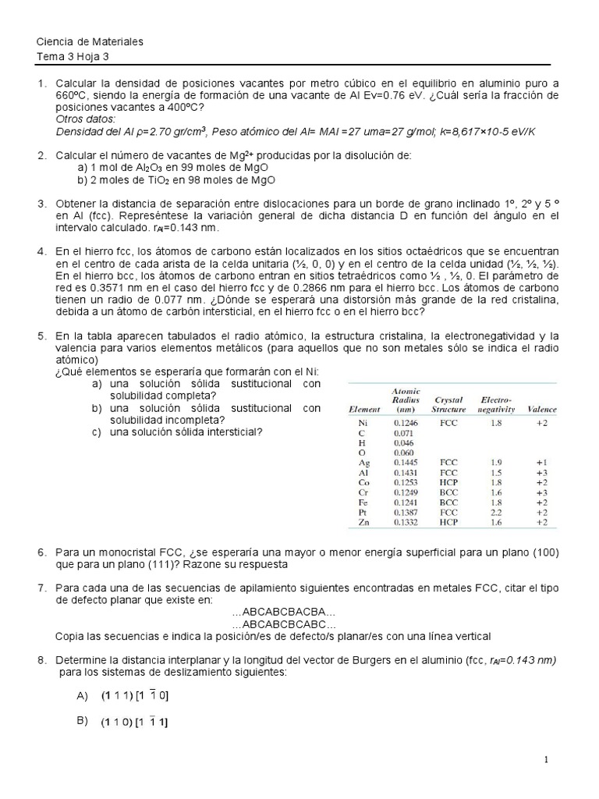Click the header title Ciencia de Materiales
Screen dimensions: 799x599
pos(90,42)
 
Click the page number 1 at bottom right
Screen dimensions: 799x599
pos(548,759)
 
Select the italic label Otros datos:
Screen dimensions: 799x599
pos(85,119)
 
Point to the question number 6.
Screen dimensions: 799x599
pos(41,552)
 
